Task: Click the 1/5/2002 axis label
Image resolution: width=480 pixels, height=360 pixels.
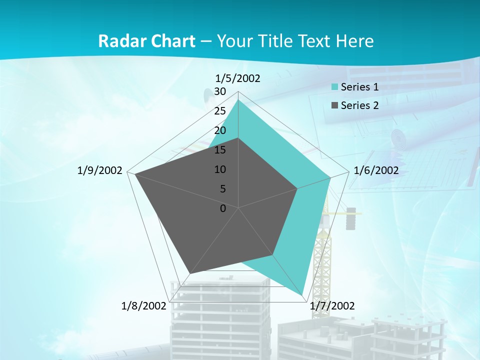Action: [x=238, y=78]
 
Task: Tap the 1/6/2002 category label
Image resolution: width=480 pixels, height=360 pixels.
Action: [x=376, y=170]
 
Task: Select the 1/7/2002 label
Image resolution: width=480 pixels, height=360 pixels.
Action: [x=332, y=306]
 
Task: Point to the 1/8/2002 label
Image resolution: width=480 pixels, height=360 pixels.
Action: [x=143, y=306]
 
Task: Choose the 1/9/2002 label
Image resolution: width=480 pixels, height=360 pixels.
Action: [x=100, y=170]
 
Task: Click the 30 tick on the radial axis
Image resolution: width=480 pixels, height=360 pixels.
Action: [x=220, y=91]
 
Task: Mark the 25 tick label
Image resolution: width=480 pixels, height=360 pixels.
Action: [x=220, y=111]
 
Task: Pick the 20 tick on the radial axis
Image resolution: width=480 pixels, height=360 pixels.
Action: [x=220, y=130]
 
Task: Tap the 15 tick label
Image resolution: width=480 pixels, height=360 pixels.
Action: [x=220, y=150]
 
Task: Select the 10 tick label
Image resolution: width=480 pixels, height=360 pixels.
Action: [x=220, y=169]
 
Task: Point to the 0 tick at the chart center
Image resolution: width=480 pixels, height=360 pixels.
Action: [x=223, y=208]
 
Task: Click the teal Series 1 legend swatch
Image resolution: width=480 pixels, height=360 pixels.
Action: [x=335, y=87]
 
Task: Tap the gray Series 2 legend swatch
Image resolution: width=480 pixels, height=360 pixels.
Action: [x=335, y=105]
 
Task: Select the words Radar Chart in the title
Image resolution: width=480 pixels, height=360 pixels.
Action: [x=146, y=41]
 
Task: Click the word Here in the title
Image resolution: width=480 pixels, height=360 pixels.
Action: [x=355, y=41]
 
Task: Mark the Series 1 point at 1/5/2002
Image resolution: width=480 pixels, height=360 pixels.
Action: [x=238, y=100]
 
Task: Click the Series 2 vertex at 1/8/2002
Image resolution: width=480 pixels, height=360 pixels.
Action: [x=189, y=273]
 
